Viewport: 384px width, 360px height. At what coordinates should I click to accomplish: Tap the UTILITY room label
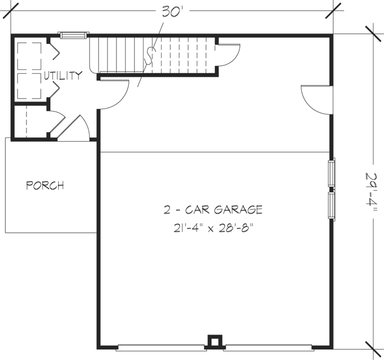pyautogui.click(x=63, y=75)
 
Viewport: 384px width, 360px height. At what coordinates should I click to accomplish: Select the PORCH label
pyautogui.click(x=45, y=186)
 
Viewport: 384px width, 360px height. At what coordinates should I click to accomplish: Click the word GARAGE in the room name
pyautogui.click(x=238, y=209)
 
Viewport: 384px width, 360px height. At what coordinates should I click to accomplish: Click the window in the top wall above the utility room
pyautogui.click(x=73, y=36)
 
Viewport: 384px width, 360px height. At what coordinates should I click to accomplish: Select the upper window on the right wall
pyautogui.click(x=332, y=173)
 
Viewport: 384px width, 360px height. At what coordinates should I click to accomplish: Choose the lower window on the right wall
pyautogui.click(x=332, y=206)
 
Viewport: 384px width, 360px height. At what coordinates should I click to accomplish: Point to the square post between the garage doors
pyautogui.click(x=214, y=341)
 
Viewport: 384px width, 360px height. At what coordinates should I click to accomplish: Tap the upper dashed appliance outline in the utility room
pyautogui.click(x=30, y=56)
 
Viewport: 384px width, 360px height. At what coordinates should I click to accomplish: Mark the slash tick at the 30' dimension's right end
pyautogui.click(x=333, y=10)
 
